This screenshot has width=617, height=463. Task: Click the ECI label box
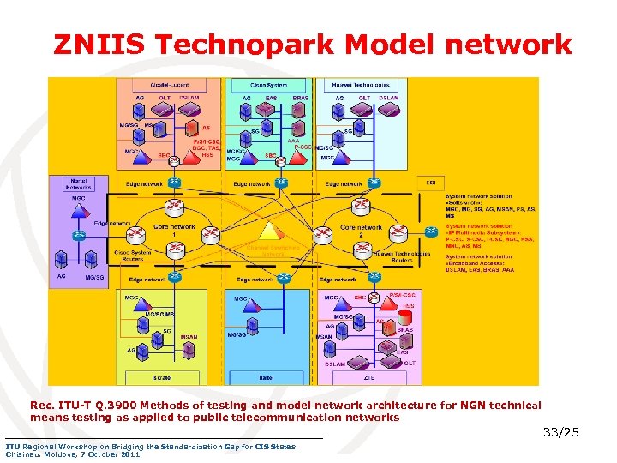click(430, 182)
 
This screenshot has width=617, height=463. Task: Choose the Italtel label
click(267, 376)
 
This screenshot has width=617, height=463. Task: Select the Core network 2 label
click(360, 230)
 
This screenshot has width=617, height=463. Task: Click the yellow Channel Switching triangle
click(267, 232)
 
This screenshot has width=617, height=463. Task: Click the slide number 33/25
click(561, 432)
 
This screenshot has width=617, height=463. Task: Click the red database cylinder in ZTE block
click(387, 327)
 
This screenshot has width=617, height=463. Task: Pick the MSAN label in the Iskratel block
click(189, 337)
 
